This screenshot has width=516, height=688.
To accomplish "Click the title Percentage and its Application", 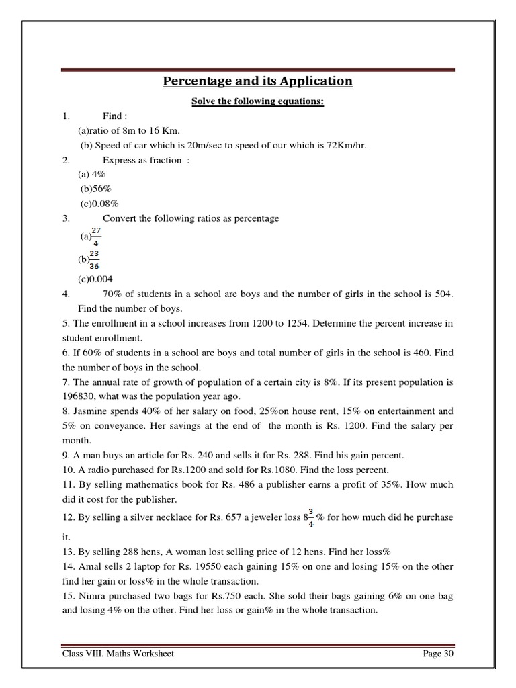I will [x=257, y=81].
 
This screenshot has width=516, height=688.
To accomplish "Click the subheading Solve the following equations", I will [x=257, y=101].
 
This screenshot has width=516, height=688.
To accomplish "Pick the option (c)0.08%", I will [x=98, y=204].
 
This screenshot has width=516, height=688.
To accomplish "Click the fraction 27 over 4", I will [x=96, y=236].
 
